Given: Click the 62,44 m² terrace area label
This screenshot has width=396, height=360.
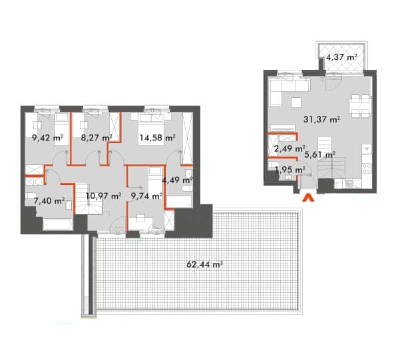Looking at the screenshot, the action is (204, 265).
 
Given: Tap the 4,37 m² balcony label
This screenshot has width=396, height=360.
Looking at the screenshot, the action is (341, 57).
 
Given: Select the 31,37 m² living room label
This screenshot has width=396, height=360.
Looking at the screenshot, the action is (321, 119).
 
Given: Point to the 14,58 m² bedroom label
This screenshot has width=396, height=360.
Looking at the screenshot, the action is (158, 138).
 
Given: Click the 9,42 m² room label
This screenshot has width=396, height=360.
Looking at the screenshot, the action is (47, 138).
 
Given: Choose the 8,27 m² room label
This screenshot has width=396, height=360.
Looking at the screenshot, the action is (97, 138).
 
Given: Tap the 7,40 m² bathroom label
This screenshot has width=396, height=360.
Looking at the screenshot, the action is (49, 201).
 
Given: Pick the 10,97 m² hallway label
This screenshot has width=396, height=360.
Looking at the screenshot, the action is (104, 196).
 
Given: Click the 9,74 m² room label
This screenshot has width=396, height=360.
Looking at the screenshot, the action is (146, 196).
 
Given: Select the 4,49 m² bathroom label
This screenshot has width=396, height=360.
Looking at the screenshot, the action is (178, 180).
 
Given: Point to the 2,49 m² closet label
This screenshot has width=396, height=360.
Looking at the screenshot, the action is (290, 148).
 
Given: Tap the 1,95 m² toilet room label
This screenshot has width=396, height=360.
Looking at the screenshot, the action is (290, 170).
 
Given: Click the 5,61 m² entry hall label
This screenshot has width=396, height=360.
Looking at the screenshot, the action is (319, 154).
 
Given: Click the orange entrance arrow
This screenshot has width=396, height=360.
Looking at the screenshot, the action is (308, 198).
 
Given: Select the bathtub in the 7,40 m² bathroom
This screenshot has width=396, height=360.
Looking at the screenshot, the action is (58, 225).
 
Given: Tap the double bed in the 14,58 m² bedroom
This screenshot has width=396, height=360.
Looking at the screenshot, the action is (151, 129).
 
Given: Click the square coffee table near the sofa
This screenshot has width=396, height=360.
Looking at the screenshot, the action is (296, 102).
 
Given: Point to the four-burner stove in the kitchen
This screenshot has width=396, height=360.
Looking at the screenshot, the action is (367, 168).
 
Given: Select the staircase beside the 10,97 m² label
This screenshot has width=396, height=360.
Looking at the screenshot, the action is (82, 199).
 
